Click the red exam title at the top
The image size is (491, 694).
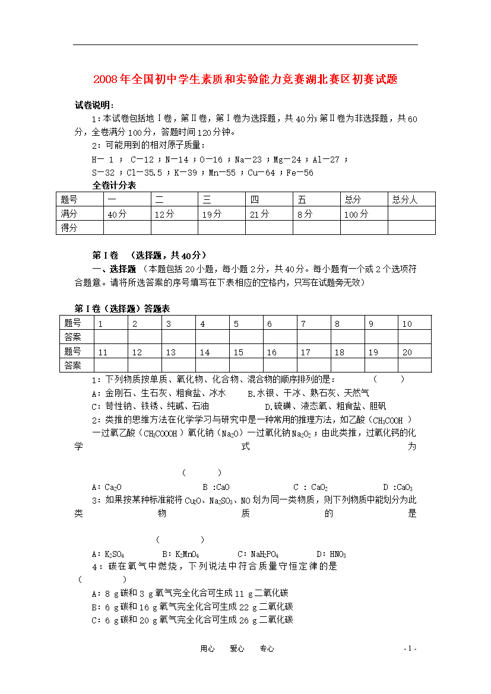click(245, 79)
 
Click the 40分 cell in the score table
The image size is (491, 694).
click(117, 214)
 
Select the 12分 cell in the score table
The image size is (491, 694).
click(164, 214)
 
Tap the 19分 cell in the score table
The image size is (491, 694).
click(211, 214)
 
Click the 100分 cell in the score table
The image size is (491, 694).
click(356, 214)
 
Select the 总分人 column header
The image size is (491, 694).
click(405, 200)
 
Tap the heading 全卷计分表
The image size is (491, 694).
click(114, 186)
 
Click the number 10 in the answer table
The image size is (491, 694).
click(407, 324)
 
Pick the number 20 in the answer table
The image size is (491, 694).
click(407, 352)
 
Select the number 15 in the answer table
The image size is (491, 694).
click(238, 352)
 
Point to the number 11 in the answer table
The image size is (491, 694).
click(103, 352)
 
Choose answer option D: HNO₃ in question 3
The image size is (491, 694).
click(331, 555)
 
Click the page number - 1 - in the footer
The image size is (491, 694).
click(410, 649)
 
